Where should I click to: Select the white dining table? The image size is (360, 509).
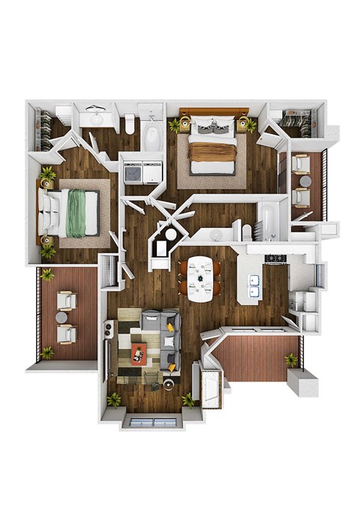point(199,279)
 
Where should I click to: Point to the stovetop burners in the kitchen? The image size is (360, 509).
point(276,259)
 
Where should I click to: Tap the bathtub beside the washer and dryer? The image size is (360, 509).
point(152,136)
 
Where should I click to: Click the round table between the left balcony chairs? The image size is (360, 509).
point(62,317)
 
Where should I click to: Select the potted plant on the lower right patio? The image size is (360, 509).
point(290,360)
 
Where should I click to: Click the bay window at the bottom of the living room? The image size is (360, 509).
point(152,421)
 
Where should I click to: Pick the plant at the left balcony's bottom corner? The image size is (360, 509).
point(47,352)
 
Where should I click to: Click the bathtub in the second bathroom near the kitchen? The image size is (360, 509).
point(267,220)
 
